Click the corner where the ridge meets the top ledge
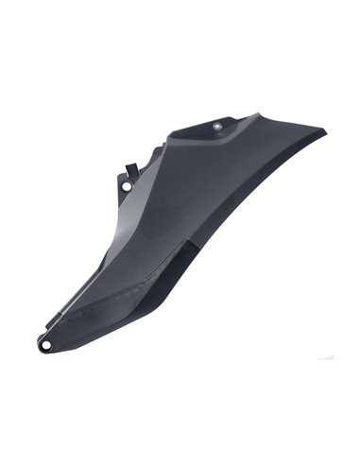point(170,142)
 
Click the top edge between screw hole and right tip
point(274,120)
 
